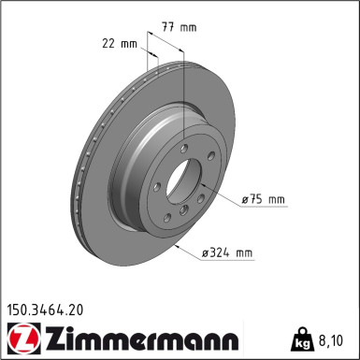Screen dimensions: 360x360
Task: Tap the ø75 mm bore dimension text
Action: click(x=263, y=199)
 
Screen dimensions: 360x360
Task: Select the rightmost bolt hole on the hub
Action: click(x=211, y=156)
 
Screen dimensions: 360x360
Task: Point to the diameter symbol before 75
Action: click(x=245, y=199)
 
